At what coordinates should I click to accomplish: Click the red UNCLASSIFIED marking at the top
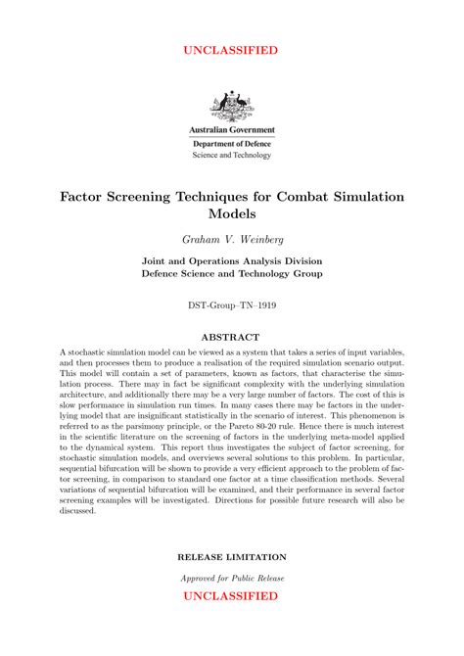click(x=232, y=50)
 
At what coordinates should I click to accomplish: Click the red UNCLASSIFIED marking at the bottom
click(x=232, y=595)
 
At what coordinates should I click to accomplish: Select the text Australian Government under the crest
click(x=232, y=129)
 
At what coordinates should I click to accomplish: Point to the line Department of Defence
click(x=232, y=143)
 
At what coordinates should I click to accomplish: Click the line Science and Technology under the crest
click(x=232, y=155)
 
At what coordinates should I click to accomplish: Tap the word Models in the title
click(x=232, y=212)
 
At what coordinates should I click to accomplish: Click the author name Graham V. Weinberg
click(x=232, y=239)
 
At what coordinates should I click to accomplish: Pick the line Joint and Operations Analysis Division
click(x=232, y=261)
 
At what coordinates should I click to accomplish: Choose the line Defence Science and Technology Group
click(x=232, y=274)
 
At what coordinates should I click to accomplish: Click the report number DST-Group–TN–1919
click(x=232, y=305)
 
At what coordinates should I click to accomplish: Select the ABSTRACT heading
click(x=232, y=337)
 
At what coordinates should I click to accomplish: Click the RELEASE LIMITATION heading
click(x=232, y=556)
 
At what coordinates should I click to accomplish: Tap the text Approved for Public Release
click(x=232, y=578)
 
